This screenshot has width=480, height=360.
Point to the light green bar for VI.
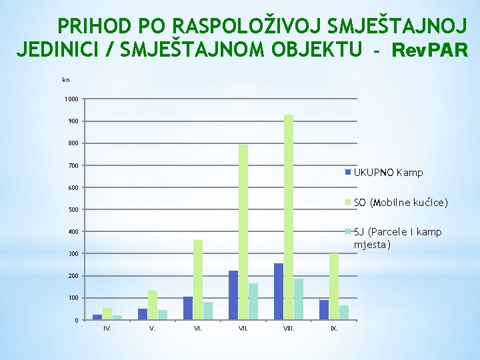[x=198, y=279]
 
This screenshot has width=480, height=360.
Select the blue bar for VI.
[x=188, y=308]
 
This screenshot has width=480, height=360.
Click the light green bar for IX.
[x=334, y=286]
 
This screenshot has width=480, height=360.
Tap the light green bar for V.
[x=153, y=305]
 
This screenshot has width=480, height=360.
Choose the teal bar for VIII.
[x=299, y=299]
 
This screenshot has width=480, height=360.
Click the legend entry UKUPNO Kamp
[x=388, y=173]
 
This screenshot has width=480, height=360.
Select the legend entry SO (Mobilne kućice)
[x=400, y=202]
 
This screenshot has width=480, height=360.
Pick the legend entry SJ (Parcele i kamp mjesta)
[x=397, y=238]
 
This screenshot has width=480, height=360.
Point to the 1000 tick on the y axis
[x=71, y=99]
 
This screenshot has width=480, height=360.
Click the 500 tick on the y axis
[x=73, y=210]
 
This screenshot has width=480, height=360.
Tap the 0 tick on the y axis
[x=77, y=321]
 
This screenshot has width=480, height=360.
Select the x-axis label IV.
[x=107, y=329]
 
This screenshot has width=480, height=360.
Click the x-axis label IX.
[x=334, y=329]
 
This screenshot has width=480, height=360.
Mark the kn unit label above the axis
[x=65, y=80]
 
